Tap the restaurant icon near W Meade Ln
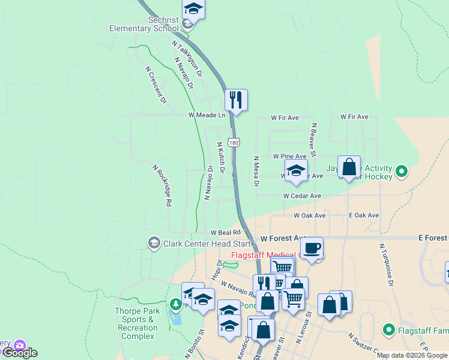coord(236,99)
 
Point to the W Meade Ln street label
coord(206,115)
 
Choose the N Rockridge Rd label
coord(161,186)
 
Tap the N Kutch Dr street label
coord(221,157)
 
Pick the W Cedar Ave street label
coord(302,196)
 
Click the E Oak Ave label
coord(364,215)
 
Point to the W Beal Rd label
coord(225,232)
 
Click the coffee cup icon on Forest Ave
coord(312,248)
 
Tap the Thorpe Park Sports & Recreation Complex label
coord(137,323)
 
